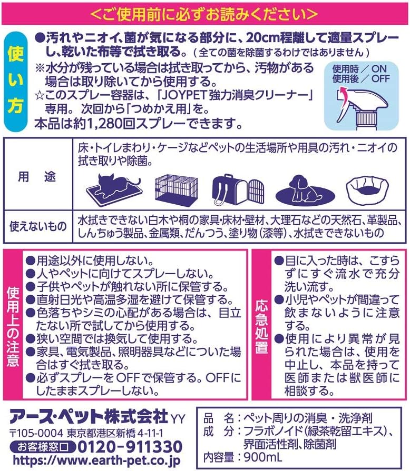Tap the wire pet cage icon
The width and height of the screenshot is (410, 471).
(x=176, y=189)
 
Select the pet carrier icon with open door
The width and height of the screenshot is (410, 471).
(x=238, y=189)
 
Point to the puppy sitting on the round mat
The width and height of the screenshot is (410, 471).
(x=305, y=191)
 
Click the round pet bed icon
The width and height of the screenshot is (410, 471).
(x=367, y=190)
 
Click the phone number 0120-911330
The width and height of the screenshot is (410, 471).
(x=130, y=447)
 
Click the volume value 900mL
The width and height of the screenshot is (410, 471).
(x=263, y=457)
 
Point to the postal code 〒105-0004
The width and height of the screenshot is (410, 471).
(x=36, y=433)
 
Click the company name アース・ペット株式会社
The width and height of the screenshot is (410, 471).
(x=89, y=417)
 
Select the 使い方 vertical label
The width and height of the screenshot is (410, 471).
(x=16, y=82)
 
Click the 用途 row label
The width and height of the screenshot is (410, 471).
(x=37, y=177)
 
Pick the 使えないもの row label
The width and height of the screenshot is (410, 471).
(x=38, y=226)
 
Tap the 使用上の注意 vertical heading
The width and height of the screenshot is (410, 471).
(x=13, y=326)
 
